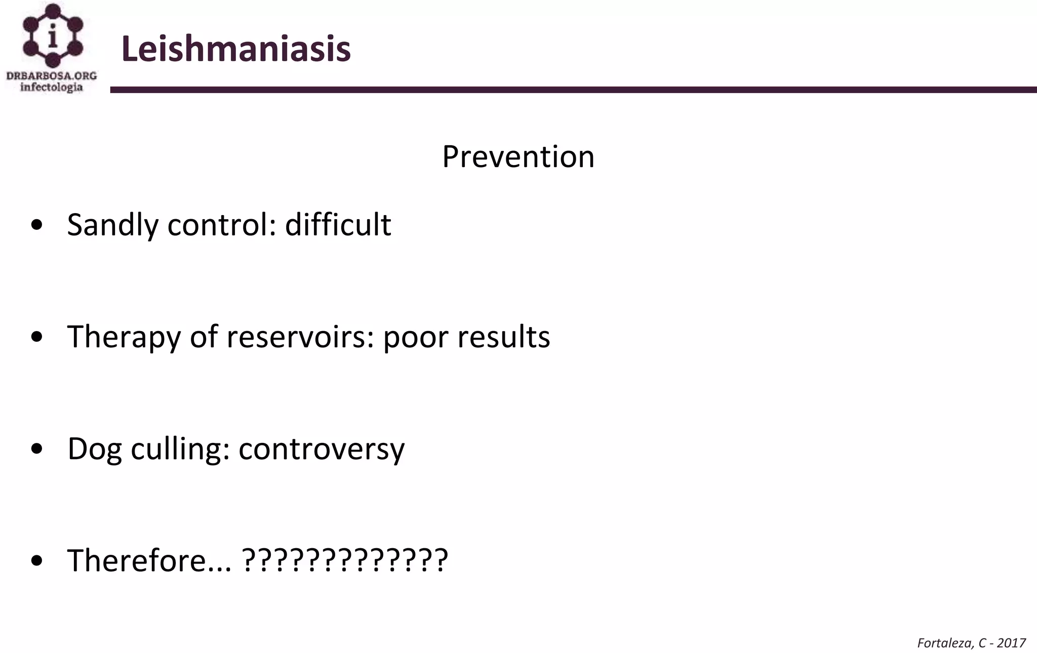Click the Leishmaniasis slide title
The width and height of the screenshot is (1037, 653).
[x=236, y=49]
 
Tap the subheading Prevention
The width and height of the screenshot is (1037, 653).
[x=518, y=156]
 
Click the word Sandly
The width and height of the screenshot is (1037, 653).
[x=112, y=225]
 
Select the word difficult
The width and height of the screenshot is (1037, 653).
[x=338, y=225]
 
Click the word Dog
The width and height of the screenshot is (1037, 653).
[x=95, y=450]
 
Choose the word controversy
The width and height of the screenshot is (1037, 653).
[x=322, y=450]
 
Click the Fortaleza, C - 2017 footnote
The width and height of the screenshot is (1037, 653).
[x=971, y=643]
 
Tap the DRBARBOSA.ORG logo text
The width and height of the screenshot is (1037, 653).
[x=51, y=76]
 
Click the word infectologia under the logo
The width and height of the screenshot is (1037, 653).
[x=51, y=88]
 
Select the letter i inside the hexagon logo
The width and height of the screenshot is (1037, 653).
[x=52, y=36]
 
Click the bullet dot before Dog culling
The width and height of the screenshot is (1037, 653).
[x=36, y=449]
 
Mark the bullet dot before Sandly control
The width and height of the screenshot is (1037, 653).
[x=36, y=225]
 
